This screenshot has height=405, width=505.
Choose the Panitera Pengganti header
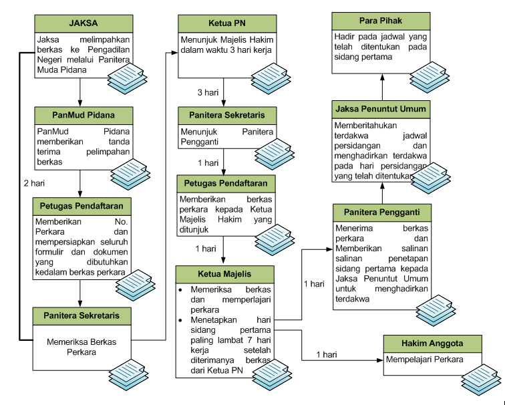pyautogui.click(x=381, y=213)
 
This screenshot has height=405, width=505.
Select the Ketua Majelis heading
pyautogui.click(x=224, y=275)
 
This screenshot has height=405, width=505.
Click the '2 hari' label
pyautogui.click(x=35, y=182)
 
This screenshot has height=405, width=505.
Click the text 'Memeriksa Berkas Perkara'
pyautogui.click(x=81, y=347)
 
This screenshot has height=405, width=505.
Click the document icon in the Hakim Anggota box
pyautogui.click(x=480, y=383)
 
